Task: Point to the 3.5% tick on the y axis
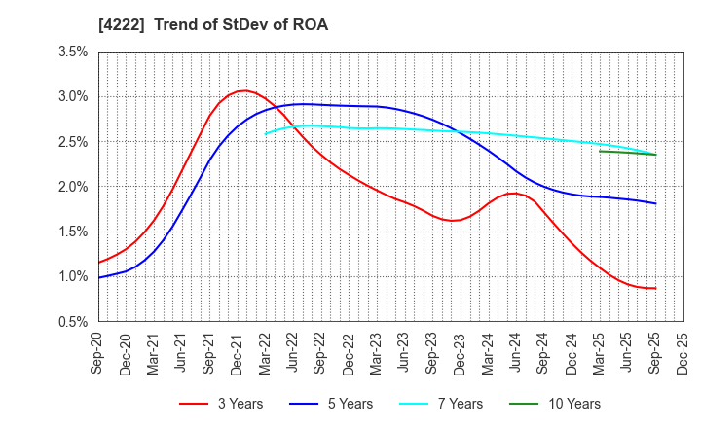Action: click(x=73, y=52)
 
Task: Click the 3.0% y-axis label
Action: click(x=73, y=96)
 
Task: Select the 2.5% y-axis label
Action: click(x=73, y=141)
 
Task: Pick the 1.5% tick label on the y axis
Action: click(x=73, y=232)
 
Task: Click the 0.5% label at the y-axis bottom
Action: click(x=73, y=321)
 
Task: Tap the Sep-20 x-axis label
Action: click(x=99, y=350)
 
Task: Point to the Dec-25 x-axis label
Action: click(x=683, y=350)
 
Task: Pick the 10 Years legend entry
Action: click(x=563, y=404)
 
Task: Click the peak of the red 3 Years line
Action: click(x=243, y=91)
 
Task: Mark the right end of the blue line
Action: click(x=655, y=203)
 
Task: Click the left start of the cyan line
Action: click(x=266, y=133)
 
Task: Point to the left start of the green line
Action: click(x=600, y=151)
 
